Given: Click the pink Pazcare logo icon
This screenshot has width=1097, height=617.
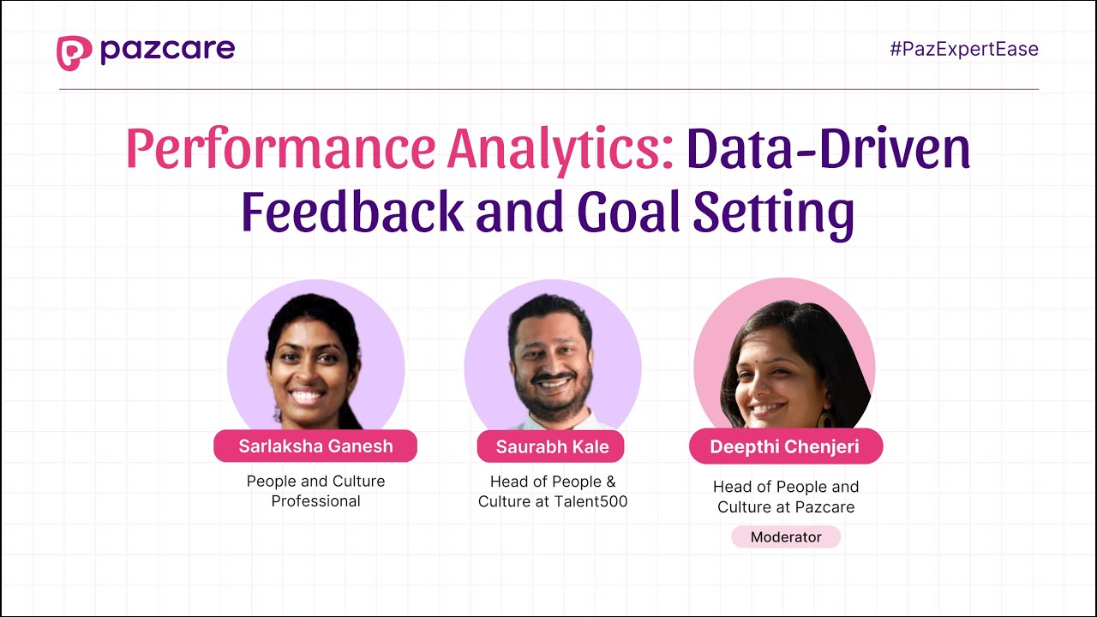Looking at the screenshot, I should pyautogui.click(x=74, y=52).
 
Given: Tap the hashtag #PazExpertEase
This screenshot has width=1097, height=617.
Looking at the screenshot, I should pyautogui.click(x=963, y=49).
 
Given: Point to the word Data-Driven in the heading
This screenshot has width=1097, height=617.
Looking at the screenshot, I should pyautogui.click(x=828, y=148).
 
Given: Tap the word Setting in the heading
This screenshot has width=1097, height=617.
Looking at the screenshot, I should pyautogui.click(x=774, y=213).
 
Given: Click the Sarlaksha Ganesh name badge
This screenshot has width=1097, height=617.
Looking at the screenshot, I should pyautogui.click(x=315, y=446).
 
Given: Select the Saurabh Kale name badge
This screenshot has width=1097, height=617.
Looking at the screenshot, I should pyautogui.click(x=551, y=446).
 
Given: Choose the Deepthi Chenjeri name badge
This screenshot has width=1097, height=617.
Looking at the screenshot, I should pyautogui.click(x=785, y=446).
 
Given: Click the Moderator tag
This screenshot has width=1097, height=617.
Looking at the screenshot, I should pyautogui.click(x=786, y=537).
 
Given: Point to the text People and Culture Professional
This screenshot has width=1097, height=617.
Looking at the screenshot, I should pyautogui.click(x=315, y=491).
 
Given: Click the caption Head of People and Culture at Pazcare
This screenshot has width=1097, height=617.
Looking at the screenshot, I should pyautogui.click(x=786, y=496).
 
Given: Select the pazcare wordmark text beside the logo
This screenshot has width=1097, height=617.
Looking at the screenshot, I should pyautogui.click(x=167, y=51).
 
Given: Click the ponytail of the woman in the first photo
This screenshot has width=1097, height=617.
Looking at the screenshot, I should pyautogui.click(x=350, y=411).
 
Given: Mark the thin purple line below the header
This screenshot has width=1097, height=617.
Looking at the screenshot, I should pyautogui.click(x=548, y=89).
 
